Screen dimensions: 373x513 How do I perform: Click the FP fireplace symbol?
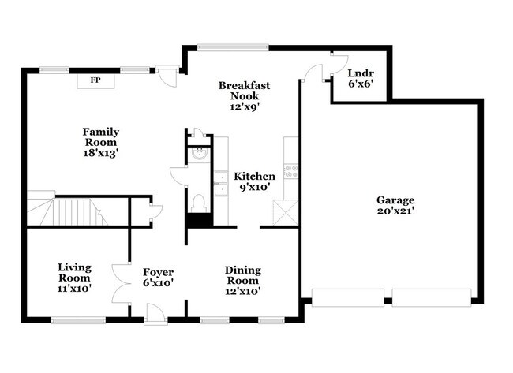(x=95, y=80)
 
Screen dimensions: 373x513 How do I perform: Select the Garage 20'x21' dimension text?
(x=395, y=211)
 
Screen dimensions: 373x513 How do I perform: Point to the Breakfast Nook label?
(x=245, y=90)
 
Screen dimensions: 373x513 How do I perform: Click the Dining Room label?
(x=243, y=275)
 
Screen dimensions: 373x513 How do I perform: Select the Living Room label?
(x=74, y=273)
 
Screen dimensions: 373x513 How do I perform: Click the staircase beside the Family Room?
(x=67, y=211)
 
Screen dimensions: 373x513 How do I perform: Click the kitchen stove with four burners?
(x=290, y=170)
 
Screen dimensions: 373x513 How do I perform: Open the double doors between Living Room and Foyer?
(x=122, y=282)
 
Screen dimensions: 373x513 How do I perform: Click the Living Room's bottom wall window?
(x=78, y=319)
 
